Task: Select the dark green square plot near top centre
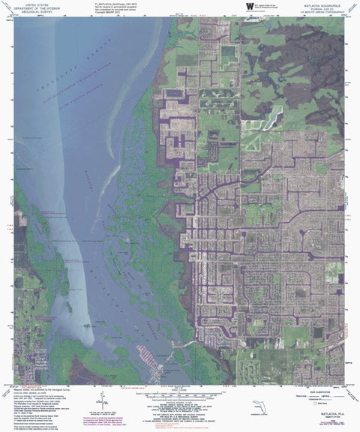pyautogui.click(x=228, y=55)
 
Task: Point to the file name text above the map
pyautogui.click(x=120, y=3)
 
